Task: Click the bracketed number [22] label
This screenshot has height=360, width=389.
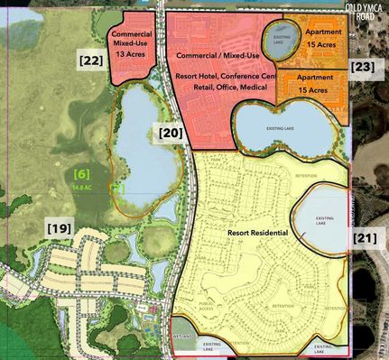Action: click(x=89, y=60)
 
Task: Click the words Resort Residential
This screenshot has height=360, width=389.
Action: click(x=258, y=234)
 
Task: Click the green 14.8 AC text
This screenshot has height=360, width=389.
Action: click(x=82, y=186)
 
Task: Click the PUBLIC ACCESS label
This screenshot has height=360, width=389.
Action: click(x=207, y=308)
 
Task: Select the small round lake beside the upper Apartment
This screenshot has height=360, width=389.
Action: click(x=277, y=40)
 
